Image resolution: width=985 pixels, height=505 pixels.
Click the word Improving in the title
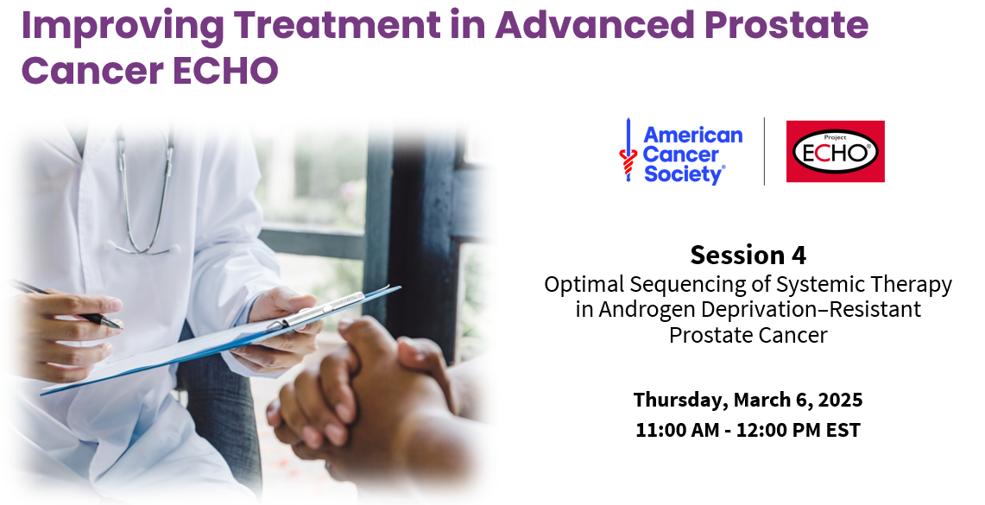[123, 26]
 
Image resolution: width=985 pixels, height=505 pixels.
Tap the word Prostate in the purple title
[786, 24]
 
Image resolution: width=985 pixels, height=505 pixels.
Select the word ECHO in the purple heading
[225, 70]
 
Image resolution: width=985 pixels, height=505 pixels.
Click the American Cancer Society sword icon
[628, 150]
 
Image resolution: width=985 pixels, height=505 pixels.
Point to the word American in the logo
[693, 135]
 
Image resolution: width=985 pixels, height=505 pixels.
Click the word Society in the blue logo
[684, 174]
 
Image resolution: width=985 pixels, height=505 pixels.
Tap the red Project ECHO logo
[835, 151]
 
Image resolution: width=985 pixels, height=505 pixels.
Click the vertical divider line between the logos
[764, 151]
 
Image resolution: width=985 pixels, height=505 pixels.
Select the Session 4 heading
[748, 255]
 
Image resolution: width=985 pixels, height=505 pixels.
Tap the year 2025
[840, 400]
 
